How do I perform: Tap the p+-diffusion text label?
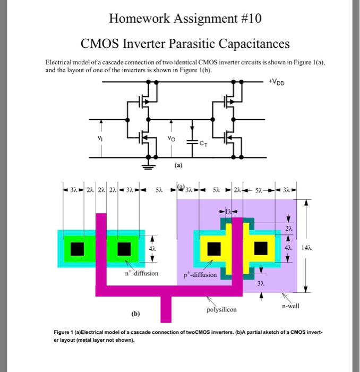point(200,275)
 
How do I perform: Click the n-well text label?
point(292,306)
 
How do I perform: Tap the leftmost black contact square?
point(78,248)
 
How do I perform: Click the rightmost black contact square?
point(261,248)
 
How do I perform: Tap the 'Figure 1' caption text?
point(66,332)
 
